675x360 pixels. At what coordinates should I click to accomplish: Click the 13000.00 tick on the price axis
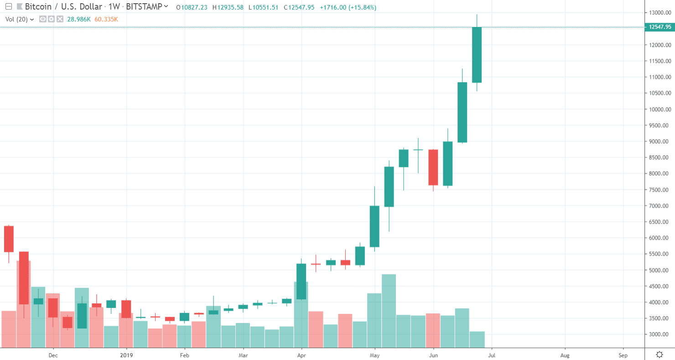tap(660, 13)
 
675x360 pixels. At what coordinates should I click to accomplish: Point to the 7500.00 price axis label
tap(660, 190)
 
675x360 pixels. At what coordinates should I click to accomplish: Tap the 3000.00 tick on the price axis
tap(660, 334)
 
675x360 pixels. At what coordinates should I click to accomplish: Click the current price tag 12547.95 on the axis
tap(659, 27)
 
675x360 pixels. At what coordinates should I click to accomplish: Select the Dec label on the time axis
tap(53, 355)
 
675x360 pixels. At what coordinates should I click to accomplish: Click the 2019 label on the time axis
tap(126, 355)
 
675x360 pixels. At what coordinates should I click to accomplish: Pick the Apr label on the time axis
tap(301, 355)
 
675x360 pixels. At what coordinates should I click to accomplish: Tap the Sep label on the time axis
tap(623, 355)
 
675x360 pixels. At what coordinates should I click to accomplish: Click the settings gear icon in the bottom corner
tap(659, 355)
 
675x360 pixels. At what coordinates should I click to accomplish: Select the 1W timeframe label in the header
tap(114, 7)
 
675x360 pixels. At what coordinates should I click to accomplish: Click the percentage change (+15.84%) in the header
tap(361, 7)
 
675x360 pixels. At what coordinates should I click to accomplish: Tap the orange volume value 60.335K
tap(106, 19)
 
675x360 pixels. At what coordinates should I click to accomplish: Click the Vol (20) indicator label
tap(16, 19)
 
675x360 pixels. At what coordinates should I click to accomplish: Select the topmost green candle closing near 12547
tap(477, 55)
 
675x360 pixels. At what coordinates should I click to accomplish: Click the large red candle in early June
tap(433, 167)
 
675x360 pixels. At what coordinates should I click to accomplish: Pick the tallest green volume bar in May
tap(389, 310)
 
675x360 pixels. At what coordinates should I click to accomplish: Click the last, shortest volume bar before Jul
tap(477, 339)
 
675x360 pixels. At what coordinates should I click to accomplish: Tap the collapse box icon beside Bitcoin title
tap(7, 7)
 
